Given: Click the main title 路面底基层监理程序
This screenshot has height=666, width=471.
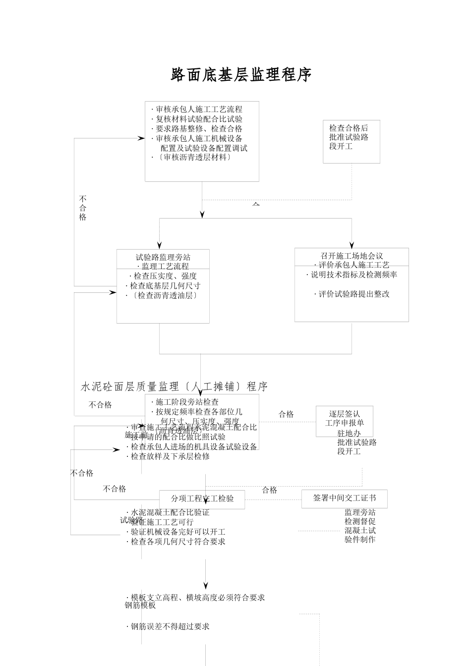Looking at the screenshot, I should (241, 75).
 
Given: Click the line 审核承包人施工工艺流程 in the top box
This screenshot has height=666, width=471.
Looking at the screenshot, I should (199, 110).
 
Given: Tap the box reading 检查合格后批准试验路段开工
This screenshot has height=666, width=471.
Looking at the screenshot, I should (351, 141).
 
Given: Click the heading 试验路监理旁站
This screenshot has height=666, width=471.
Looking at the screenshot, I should (163, 257).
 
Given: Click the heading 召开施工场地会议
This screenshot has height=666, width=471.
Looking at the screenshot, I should (352, 256).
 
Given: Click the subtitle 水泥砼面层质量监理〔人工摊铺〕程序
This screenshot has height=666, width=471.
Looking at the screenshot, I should (174, 387).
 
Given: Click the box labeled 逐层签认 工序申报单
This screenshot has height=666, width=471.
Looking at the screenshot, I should (344, 418).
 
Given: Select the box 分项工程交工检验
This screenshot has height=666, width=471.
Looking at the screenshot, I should (202, 499).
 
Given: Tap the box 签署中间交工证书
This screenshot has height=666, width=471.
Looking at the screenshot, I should (344, 498).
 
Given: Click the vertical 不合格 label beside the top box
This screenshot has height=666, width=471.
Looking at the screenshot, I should (83, 208).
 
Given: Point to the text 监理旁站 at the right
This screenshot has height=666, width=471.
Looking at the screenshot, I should (360, 512).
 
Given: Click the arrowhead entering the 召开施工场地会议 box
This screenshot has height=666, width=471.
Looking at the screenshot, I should (352, 245).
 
